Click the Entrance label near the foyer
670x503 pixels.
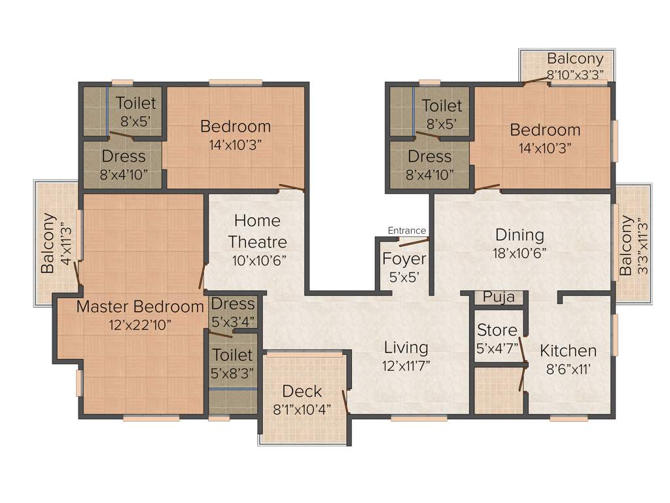pyautogui.click(x=407, y=231)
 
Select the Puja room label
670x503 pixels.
pyautogui.click(x=499, y=297)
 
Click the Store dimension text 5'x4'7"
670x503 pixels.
pyautogui.click(x=497, y=347)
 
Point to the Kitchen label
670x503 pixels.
pyautogui.click(x=568, y=351)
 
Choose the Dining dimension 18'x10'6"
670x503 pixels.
pyautogui.click(x=520, y=253)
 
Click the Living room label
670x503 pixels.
pyautogui.click(x=406, y=347)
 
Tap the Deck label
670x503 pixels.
pyautogui.click(x=302, y=392)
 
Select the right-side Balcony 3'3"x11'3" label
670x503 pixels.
pyautogui.click(x=627, y=246)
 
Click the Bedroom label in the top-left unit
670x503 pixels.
pyautogui.click(x=236, y=126)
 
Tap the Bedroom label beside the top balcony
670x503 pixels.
pyautogui.click(x=545, y=130)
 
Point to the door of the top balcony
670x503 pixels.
pyautogui.click(x=535, y=81)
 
